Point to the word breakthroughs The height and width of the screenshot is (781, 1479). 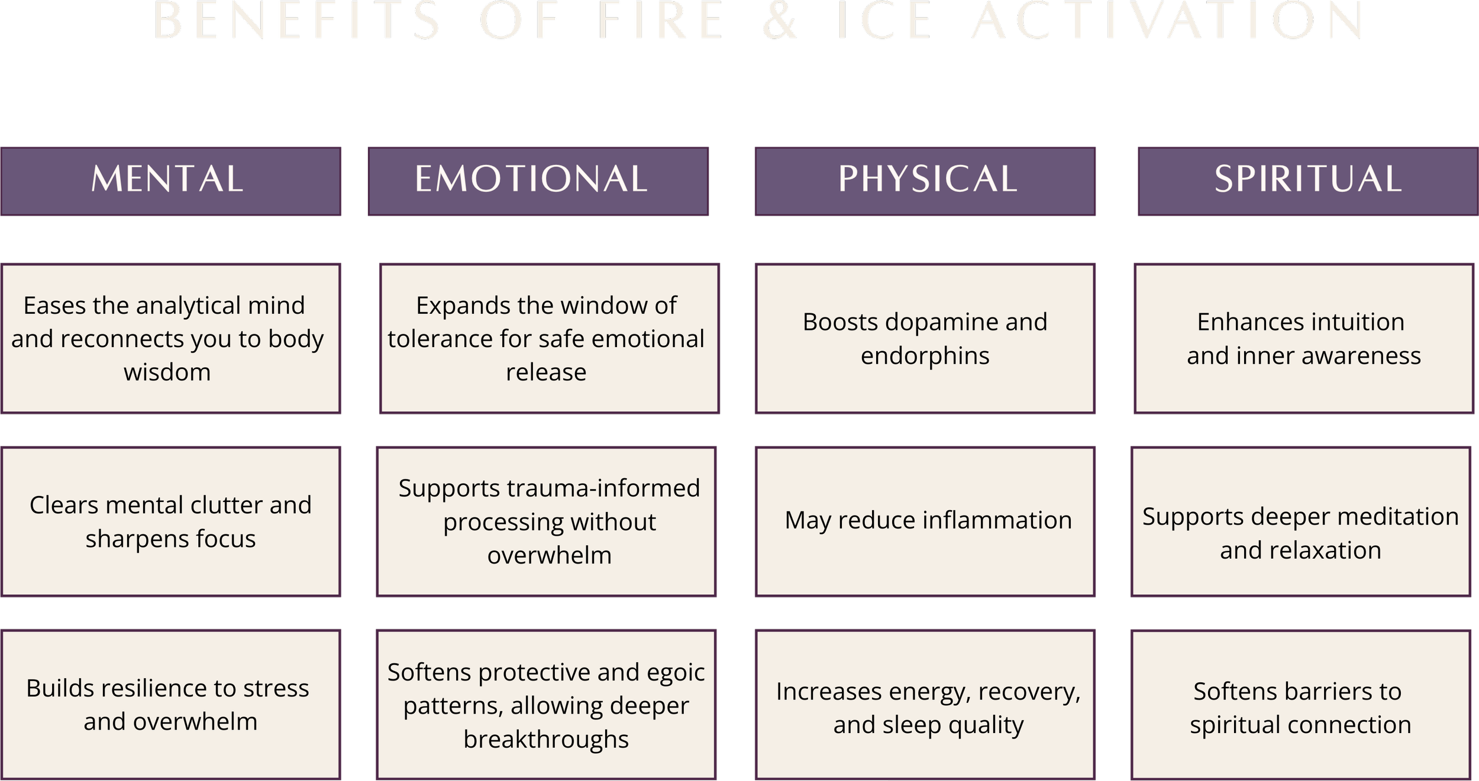[x=546, y=740]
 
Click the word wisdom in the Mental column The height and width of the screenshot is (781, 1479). [x=167, y=372]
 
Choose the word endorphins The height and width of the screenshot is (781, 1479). [x=925, y=357]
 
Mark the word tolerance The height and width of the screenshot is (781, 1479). [x=440, y=339]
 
